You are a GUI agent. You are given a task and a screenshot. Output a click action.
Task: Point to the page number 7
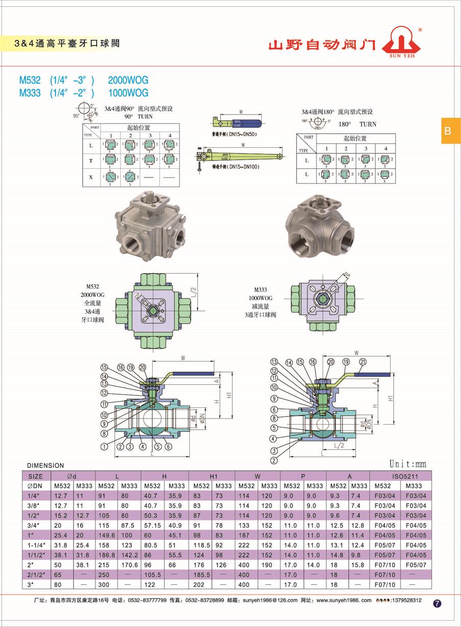pyautogui.click(x=437, y=603)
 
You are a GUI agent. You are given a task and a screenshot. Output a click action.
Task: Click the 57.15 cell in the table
pyautogui.click(x=152, y=525)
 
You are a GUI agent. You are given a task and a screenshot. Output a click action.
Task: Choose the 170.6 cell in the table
pyautogui.click(x=130, y=564)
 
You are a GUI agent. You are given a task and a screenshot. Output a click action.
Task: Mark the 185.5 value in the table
pyautogui.click(x=200, y=574)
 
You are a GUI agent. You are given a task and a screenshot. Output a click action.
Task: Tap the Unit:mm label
pyautogui.click(x=407, y=464)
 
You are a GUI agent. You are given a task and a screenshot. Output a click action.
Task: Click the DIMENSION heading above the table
pyautogui.click(x=45, y=465)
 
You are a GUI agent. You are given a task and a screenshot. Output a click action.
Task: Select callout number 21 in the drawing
pyautogui.click(x=363, y=361)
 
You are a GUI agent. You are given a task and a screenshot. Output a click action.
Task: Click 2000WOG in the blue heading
pyautogui.click(x=128, y=80)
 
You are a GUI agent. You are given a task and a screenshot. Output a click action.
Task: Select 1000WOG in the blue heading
pyautogui.click(x=128, y=93)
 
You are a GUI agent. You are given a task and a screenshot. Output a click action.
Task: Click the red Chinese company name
pyautogui.click(x=322, y=45)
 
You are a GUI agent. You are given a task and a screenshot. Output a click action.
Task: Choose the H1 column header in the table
pyautogui.click(x=213, y=476)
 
